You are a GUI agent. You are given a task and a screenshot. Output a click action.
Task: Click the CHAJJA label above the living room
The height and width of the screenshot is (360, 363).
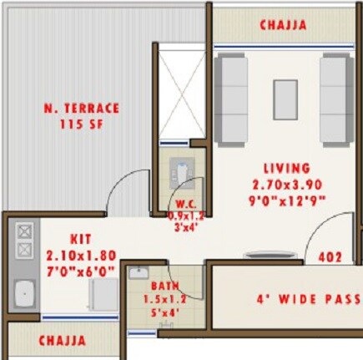click(284, 25)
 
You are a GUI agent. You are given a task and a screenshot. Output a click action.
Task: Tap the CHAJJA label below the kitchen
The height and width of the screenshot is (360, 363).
click(63, 341)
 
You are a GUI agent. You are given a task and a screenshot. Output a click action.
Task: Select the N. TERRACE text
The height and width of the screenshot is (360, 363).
click(83, 109)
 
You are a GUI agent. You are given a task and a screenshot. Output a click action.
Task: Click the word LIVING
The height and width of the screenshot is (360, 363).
click(287, 168)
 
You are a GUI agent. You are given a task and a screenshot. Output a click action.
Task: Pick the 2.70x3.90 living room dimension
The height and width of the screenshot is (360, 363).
click(287, 184)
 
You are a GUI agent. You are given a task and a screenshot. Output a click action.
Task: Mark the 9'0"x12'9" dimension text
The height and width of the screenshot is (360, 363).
click(287, 200)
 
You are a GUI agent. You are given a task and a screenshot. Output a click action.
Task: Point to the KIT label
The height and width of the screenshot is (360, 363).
click(82, 239)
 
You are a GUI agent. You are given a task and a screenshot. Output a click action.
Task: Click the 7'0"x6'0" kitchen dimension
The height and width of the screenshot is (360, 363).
click(82, 271)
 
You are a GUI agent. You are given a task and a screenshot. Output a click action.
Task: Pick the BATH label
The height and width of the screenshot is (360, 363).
click(164, 286)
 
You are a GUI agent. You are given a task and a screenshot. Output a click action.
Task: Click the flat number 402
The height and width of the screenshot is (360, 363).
click(330, 258)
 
